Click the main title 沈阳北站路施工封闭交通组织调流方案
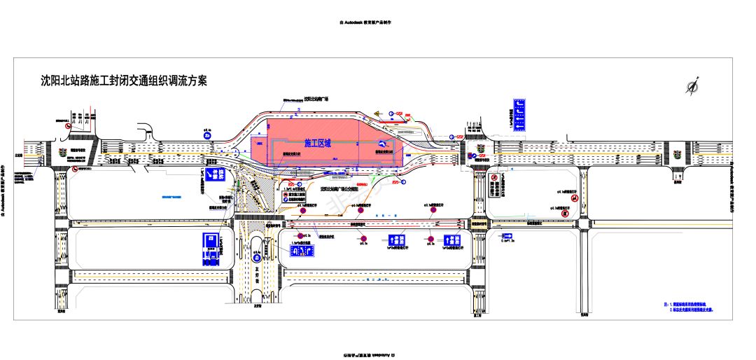[x=124, y=81]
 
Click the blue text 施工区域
[x=316, y=142]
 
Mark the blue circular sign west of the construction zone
[x=207, y=139]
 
